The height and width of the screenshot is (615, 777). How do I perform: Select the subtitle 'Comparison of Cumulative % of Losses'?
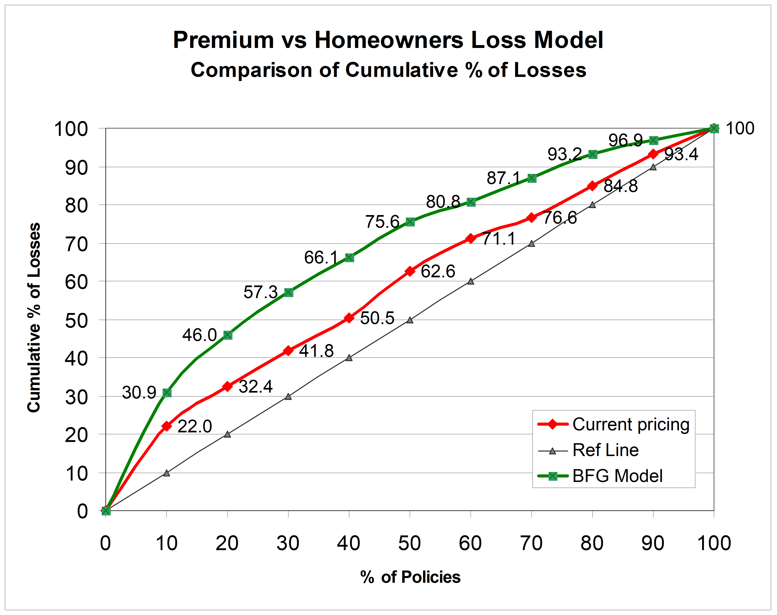point(388,70)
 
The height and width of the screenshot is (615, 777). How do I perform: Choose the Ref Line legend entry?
point(605,450)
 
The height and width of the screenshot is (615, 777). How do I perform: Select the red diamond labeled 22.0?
point(166,426)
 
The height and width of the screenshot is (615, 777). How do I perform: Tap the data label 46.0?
point(199,335)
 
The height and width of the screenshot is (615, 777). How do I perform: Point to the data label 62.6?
point(438,271)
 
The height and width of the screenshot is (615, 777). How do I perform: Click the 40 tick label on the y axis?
point(76,359)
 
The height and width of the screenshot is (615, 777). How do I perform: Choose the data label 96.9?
point(625,140)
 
